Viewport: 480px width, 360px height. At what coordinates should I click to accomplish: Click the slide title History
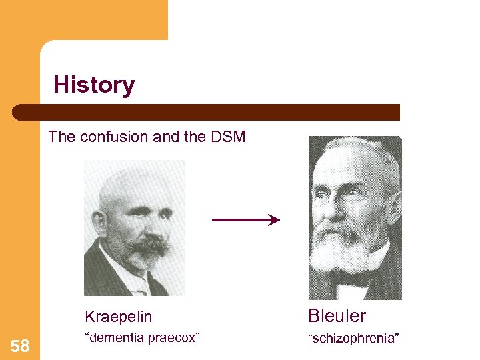(x=94, y=85)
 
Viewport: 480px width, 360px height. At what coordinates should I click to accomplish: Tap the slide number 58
(x=20, y=346)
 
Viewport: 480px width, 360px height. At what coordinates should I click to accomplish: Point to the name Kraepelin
(x=119, y=317)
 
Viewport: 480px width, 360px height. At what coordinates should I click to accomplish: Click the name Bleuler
(x=337, y=315)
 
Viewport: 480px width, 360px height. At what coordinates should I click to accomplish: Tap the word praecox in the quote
(x=176, y=338)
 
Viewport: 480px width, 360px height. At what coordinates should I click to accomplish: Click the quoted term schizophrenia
(x=353, y=339)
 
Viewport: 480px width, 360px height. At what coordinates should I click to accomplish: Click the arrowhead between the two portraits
(x=274, y=219)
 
